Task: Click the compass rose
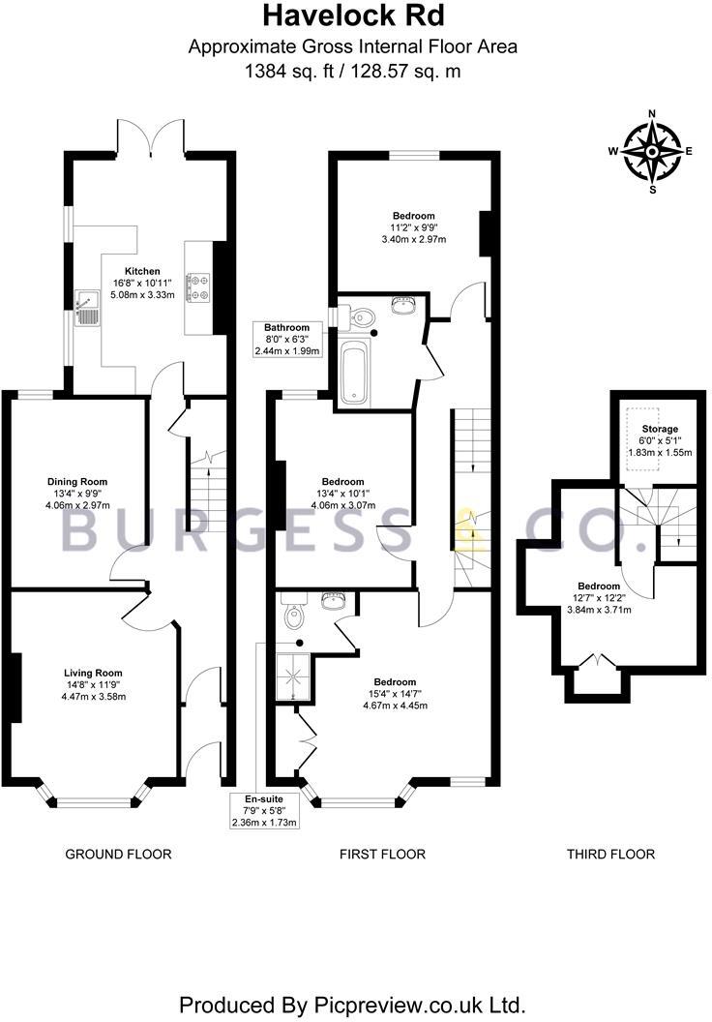coord(652,151)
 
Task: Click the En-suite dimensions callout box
coord(263,811)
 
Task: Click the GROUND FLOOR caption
coord(118,854)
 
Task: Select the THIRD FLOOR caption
coord(610,854)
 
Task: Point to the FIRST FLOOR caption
coord(382,854)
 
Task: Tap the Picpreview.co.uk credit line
coord(353,1002)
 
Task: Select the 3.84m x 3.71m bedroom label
coord(599,598)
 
